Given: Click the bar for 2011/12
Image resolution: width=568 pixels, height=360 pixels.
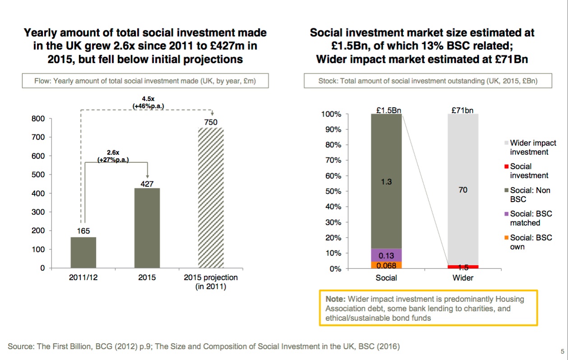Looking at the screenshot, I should coord(83,252).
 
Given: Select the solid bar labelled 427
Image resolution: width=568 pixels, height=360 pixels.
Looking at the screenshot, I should coord(147,228).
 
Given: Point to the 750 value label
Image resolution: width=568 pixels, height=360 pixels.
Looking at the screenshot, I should coord(211,122).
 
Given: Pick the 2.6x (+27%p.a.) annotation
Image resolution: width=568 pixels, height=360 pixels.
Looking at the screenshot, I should coord(113,156).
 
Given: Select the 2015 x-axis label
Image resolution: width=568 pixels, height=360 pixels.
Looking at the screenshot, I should coord(147,277).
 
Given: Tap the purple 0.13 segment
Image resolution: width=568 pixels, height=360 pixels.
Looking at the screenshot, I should coord(386,255).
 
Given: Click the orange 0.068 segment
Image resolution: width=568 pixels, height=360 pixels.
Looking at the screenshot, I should coord(386,265).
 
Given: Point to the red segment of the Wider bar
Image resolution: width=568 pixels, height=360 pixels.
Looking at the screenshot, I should coord(462,267).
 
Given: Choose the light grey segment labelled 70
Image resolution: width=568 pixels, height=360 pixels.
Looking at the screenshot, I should coord(462,189).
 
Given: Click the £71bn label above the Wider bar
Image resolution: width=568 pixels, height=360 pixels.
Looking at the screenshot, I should coord(462,110).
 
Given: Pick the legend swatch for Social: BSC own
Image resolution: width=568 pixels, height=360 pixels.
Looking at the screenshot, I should coord(507,238).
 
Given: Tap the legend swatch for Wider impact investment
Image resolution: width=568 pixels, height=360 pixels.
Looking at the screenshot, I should coord(507,143).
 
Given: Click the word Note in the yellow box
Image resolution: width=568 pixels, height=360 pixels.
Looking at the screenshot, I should coord(335,299).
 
